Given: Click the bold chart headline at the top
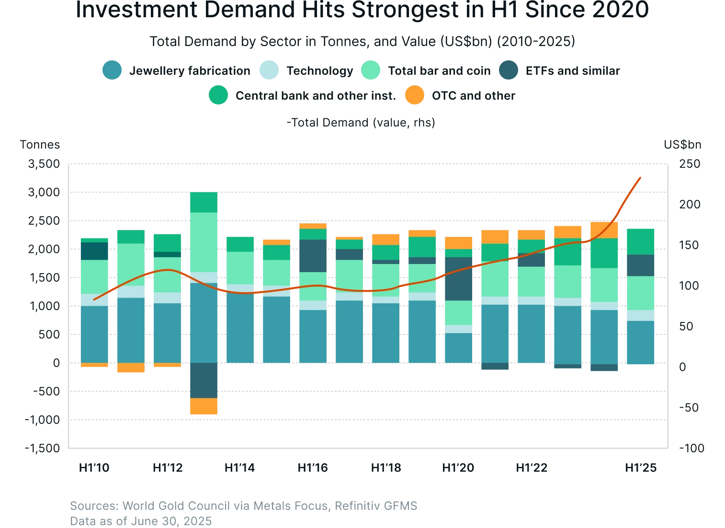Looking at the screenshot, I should coord(362,11).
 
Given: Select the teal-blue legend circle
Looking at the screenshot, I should coord(112,70).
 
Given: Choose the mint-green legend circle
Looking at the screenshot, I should coord(371,70).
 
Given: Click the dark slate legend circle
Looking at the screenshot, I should coord(509,70).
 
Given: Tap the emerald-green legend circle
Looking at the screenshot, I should coord(218,95).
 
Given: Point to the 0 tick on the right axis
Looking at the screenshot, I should coord(682,367).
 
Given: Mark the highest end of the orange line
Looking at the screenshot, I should coord(642,177).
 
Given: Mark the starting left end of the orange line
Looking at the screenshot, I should coord(94,300).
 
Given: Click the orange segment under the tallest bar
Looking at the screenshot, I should coord(204,406).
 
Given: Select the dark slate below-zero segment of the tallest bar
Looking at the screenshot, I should coord(204,380).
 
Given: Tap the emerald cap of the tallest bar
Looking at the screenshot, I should coord(204,202).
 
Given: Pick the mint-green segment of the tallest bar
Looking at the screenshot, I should coord(204,242).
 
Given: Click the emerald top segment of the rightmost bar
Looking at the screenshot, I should coord(640,241).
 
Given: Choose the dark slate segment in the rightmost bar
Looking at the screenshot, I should coord(640,265).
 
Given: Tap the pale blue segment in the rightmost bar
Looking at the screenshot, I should coord(640,315).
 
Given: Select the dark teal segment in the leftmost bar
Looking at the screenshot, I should coord(95,251).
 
